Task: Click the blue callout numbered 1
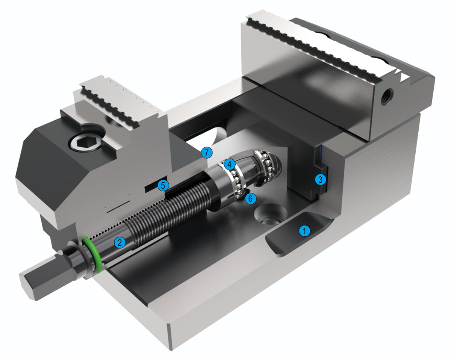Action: click(x=304, y=231)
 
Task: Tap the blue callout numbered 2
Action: click(x=120, y=242)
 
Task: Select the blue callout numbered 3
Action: click(x=320, y=179)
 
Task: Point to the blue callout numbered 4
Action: click(x=230, y=164)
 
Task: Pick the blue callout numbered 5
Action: click(x=163, y=185)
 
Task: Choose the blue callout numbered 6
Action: click(x=250, y=198)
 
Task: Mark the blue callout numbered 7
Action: click(x=207, y=153)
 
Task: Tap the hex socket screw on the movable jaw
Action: click(x=85, y=142)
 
